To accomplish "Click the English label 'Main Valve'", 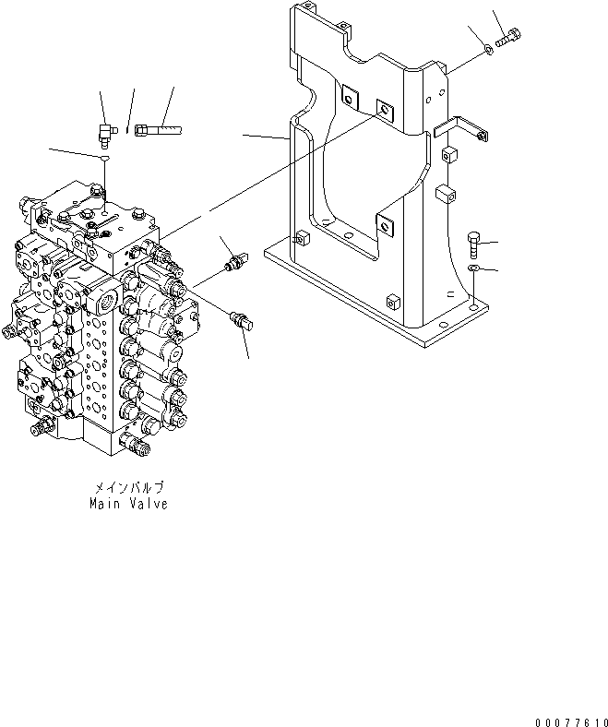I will click(129, 505).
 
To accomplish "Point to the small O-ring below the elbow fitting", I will click(105, 160).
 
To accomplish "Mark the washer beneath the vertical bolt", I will click(473, 268).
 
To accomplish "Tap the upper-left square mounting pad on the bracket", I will click(350, 95).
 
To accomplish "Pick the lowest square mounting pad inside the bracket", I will click(384, 221).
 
